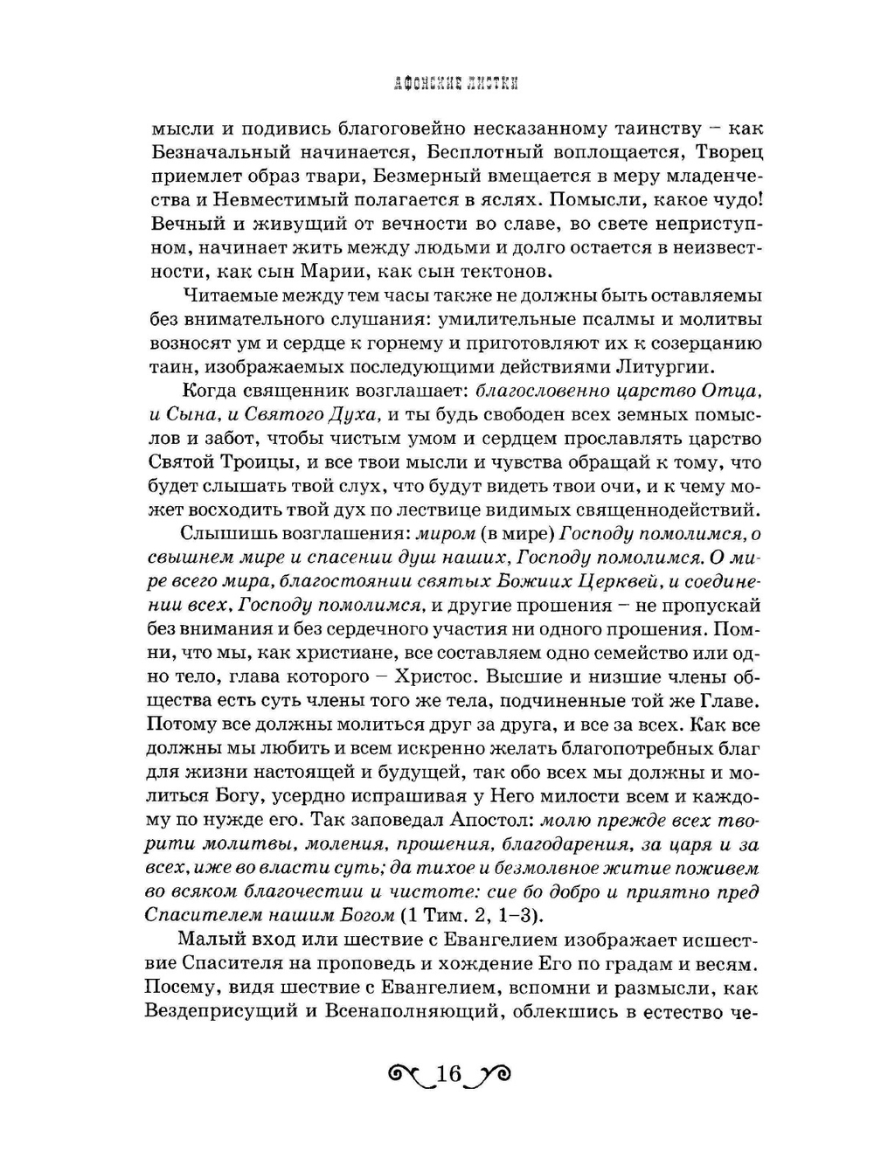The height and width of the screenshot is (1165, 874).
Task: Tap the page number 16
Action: (447, 1073)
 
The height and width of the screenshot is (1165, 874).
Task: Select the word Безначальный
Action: (211, 152)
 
